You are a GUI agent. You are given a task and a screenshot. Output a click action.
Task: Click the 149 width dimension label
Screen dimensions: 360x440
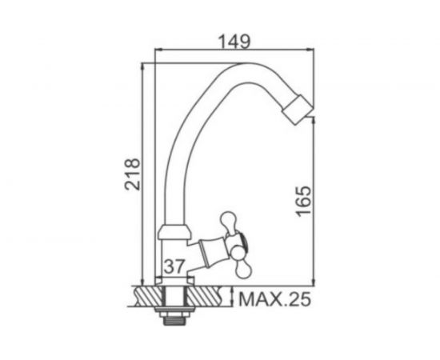point(234,40)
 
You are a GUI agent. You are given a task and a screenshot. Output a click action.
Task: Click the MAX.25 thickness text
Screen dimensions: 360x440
point(274,301)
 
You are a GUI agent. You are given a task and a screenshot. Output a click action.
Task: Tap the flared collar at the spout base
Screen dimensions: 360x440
point(175,233)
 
